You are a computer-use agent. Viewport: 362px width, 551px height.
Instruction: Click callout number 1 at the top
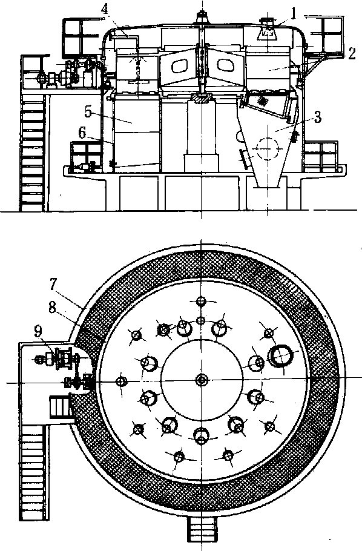293,13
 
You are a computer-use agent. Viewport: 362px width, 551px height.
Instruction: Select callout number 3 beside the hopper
317,117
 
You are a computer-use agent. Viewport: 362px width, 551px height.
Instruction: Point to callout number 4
105,10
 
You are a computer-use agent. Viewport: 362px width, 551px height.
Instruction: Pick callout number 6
82,133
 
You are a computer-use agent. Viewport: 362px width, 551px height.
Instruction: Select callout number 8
52,309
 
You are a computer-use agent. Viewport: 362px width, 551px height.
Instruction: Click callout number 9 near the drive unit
39,331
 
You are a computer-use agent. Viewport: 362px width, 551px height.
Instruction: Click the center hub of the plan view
202,380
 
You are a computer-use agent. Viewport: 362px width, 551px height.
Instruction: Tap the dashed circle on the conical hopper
267,148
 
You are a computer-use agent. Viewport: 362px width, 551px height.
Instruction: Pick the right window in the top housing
225,64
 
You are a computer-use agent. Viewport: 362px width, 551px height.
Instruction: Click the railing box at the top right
332,34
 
